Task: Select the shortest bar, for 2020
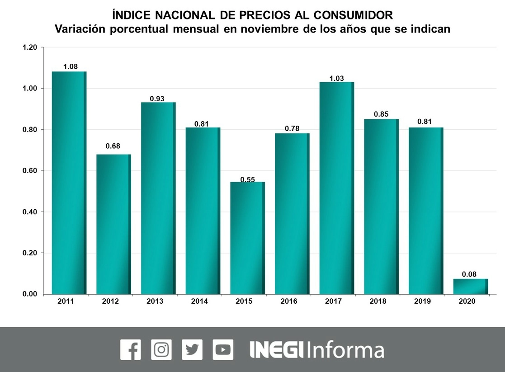(x=470, y=286)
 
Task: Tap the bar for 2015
(x=247, y=238)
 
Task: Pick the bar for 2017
(x=336, y=188)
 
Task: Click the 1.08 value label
(x=71, y=66)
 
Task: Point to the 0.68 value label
(x=113, y=146)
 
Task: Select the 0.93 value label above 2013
(x=158, y=98)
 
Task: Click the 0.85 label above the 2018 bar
(x=381, y=114)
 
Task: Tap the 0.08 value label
(x=469, y=274)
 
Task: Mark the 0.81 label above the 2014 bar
(x=202, y=123)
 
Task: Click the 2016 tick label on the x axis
(x=288, y=301)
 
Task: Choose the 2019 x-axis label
(x=422, y=301)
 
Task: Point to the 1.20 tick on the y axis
(x=30, y=47)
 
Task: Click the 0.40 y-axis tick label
(x=30, y=212)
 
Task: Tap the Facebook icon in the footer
(x=131, y=349)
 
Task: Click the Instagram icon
(x=161, y=349)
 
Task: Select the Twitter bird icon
(x=192, y=349)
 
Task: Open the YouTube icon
(x=223, y=349)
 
